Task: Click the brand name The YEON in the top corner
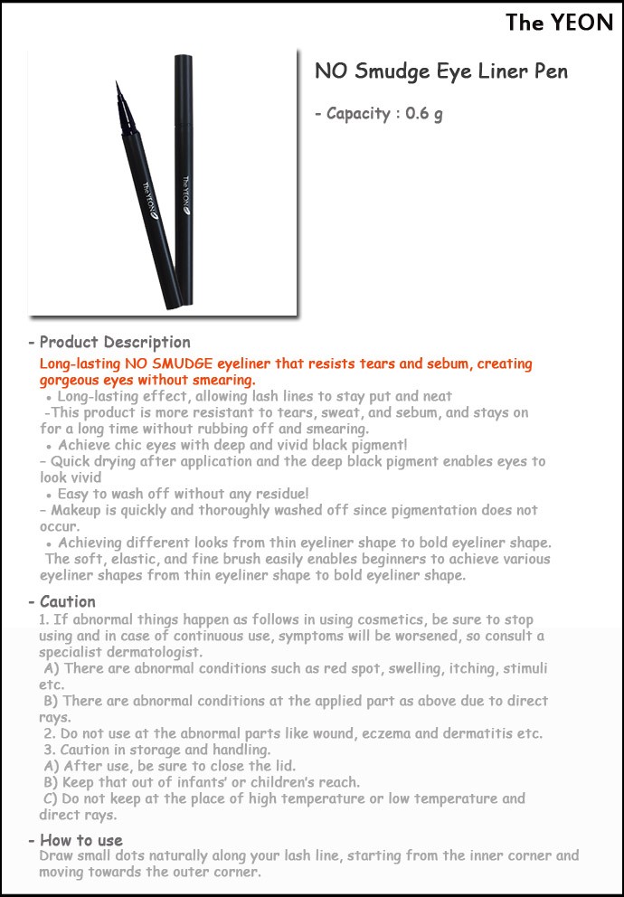(559, 23)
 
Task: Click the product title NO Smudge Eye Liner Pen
(440, 72)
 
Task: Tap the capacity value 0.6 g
(423, 114)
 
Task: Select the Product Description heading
(114, 343)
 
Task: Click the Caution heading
(67, 601)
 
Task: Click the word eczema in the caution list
(394, 733)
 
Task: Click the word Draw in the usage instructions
(57, 855)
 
